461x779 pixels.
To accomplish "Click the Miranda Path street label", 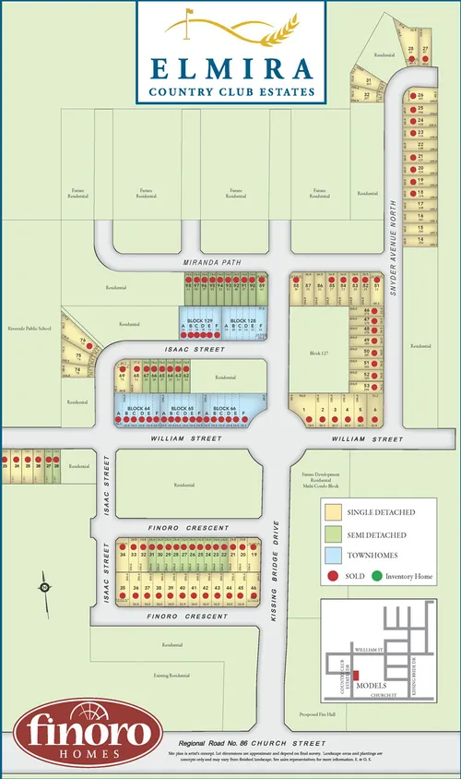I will click(211, 262).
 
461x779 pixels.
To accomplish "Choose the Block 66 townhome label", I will click(220, 407).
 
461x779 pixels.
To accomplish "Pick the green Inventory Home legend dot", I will click(377, 577).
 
